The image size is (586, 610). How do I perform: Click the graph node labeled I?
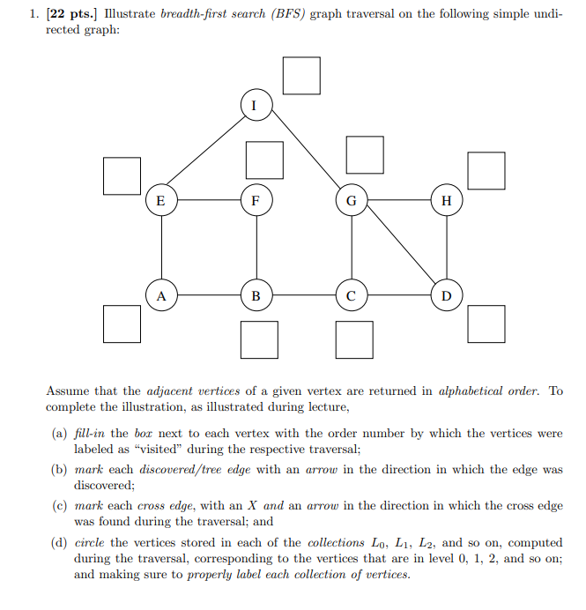(255, 105)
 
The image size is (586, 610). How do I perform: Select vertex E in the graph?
(160, 200)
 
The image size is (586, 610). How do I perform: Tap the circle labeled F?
(256, 200)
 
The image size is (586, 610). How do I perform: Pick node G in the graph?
(351, 200)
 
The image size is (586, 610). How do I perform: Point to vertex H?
(446, 200)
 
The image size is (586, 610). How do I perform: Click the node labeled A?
(160, 295)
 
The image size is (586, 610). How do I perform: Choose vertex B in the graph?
(256, 295)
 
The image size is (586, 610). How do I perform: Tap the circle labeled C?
(351, 295)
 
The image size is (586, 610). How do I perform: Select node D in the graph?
(446, 295)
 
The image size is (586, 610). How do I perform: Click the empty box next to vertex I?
(301, 75)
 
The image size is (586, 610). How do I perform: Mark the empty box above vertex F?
(264, 160)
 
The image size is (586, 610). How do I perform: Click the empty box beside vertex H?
(486, 171)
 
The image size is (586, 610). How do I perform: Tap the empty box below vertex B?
(259, 340)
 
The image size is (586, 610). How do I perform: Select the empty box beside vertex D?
(487, 324)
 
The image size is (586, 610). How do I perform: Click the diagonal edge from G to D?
(398, 248)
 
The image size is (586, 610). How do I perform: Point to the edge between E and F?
(208, 200)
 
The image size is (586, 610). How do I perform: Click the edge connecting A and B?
(208, 295)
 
